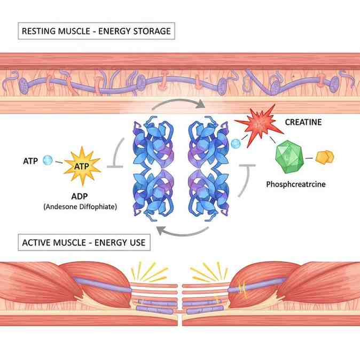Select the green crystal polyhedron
point(289,157)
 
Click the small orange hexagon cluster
point(325,157)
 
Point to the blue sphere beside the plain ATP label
point(48,160)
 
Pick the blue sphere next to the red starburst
point(236,144)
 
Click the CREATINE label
point(303,122)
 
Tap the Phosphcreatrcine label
point(296,184)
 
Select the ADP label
point(80,197)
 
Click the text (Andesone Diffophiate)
point(80,207)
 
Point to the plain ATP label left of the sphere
point(30,161)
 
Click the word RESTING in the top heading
point(39,31)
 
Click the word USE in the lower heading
point(137,242)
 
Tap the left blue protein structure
point(153,169)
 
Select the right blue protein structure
point(208,169)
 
